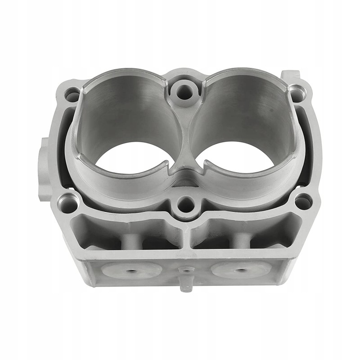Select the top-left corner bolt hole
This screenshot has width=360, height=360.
(72, 95)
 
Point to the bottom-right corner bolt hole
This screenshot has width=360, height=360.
(303, 202)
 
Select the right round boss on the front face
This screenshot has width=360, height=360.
(241, 270)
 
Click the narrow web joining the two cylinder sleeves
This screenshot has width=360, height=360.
(184, 135)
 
